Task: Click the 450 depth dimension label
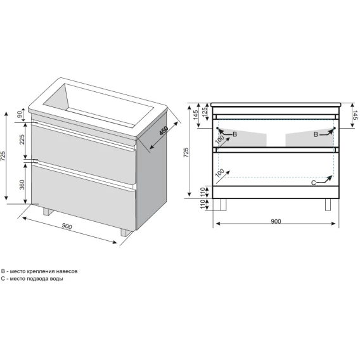164,131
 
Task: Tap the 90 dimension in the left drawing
20,114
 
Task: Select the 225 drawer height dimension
22,139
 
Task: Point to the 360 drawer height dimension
22,184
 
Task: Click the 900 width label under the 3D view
67,226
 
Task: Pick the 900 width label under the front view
276,221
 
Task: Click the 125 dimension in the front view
204,111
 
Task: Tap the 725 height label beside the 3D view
3,156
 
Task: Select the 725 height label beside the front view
186,153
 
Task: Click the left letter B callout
235,134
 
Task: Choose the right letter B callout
316,134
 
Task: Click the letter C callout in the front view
313,183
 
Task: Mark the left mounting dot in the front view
217,128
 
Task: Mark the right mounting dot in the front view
335,128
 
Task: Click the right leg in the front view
328,204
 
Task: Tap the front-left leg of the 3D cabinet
48,212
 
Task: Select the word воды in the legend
56,279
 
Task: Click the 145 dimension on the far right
355,115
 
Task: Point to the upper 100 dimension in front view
220,139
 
